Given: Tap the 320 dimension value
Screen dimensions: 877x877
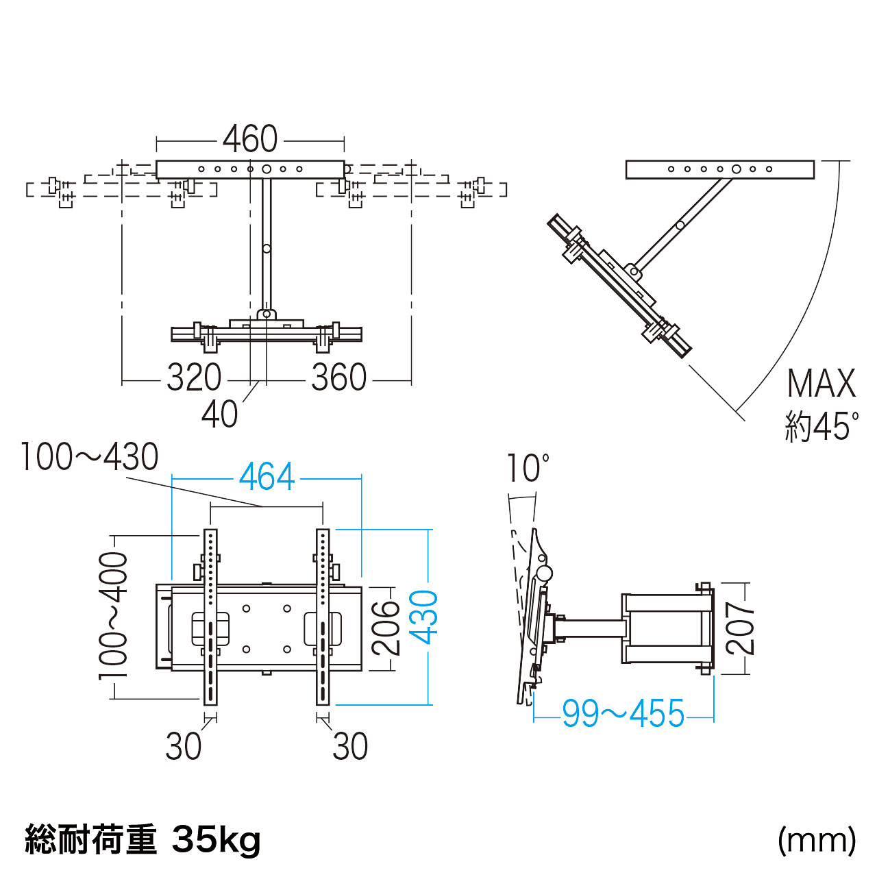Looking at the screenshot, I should (194, 378).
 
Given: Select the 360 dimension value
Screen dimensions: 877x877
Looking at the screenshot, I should (339, 378).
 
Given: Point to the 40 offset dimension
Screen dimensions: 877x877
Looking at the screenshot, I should (219, 414).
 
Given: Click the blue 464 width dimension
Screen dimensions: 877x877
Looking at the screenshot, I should (267, 477).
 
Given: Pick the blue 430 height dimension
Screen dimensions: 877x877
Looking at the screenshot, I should (424, 617).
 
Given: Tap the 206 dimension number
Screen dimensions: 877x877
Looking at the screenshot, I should (386, 626).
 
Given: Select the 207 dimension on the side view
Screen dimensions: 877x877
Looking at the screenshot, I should (740, 628).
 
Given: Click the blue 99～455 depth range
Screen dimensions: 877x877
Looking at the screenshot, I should (623, 714).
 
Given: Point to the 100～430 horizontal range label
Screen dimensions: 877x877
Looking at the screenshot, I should (89, 457).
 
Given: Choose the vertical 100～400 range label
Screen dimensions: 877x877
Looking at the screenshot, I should (114, 615).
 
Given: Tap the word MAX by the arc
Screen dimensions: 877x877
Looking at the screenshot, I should (822, 384).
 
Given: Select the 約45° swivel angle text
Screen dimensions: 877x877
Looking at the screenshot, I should (821, 426).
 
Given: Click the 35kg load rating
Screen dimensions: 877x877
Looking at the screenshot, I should (217, 839).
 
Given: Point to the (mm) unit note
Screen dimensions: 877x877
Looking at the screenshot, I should (817, 839).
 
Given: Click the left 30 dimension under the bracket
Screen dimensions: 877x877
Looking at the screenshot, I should (184, 746).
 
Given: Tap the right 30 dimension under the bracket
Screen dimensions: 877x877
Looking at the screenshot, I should (350, 746).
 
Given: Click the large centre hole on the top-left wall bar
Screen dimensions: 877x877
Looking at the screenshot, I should (267, 169).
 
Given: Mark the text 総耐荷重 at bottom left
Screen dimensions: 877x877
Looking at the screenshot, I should (90, 839).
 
